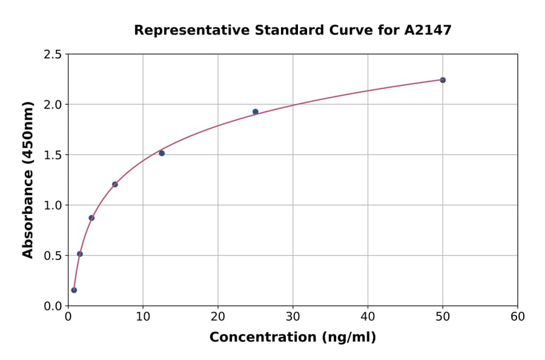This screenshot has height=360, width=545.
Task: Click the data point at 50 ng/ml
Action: tap(443, 80)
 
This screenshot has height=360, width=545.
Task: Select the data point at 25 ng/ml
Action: tap(256, 112)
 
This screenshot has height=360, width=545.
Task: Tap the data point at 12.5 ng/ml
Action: tap(162, 153)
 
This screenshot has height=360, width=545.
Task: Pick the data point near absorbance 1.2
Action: tap(115, 184)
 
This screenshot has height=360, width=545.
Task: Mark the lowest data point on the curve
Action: tap(74, 290)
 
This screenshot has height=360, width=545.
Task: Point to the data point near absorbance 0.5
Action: tap(80, 254)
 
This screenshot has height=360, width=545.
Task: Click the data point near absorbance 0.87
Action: tap(91, 218)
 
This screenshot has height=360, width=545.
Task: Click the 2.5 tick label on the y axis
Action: tap(51, 55)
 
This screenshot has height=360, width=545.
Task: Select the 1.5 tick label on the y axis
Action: tap(51, 155)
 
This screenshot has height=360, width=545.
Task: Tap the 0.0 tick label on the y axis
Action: tap(51, 306)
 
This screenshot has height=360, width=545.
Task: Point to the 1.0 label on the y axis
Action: tap(51, 205)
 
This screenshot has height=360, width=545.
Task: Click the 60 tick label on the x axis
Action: tap(518, 316)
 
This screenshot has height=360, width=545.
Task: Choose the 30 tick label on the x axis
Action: tap(293, 316)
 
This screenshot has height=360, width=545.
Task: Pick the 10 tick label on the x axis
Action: tap(143, 316)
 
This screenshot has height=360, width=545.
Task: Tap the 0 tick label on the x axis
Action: tap(68, 316)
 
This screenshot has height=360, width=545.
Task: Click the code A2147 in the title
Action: tap(428, 30)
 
